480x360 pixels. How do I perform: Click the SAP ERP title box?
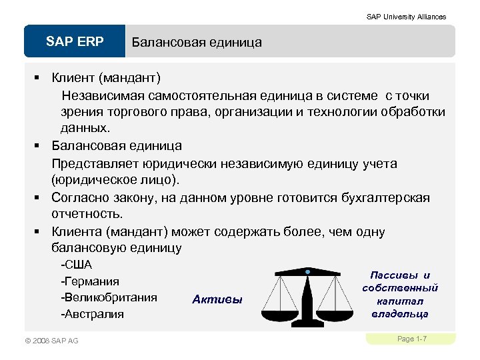(x=75, y=42)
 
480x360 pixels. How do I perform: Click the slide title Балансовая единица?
(x=197, y=43)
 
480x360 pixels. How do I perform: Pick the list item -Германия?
(x=90, y=281)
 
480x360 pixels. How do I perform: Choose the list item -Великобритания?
(x=109, y=297)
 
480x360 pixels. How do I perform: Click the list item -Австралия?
(x=92, y=313)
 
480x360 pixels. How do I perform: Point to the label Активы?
(x=217, y=299)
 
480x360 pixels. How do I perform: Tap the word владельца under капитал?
(x=400, y=313)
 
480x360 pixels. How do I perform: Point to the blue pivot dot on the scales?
(x=307, y=272)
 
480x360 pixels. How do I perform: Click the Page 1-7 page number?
(x=411, y=339)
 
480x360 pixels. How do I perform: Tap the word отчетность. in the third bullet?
(x=87, y=214)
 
